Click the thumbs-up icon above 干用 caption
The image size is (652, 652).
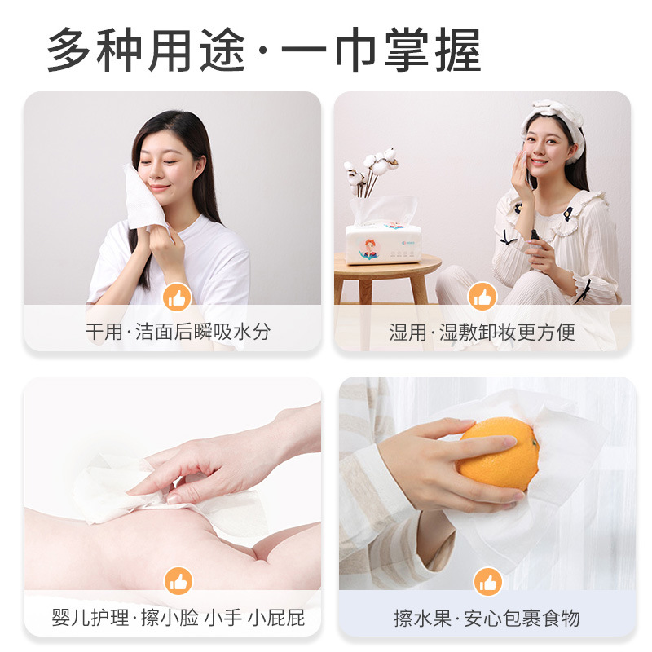(177, 297)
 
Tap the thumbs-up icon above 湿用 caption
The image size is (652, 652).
(482, 297)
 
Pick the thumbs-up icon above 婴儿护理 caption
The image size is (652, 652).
(177, 582)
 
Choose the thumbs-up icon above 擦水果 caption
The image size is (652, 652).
(487, 582)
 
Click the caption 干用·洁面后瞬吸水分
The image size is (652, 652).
(178, 332)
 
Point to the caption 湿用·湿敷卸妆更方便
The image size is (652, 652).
(482, 332)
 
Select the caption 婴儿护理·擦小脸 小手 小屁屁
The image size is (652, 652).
(178, 618)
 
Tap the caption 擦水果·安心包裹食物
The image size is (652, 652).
(487, 618)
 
